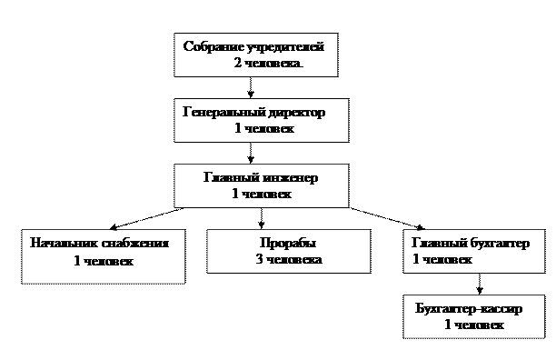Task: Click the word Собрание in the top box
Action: click(212, 46)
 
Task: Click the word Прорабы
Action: click(288, 244)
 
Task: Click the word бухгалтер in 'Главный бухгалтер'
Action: click(491, 244)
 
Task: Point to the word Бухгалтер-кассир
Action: click(467, 308)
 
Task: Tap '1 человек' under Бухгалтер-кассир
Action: click(473, 325)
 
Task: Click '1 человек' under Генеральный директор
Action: click(263, 129)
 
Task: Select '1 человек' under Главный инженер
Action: click(262, 194)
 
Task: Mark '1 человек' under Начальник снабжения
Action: click(103, 262)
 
